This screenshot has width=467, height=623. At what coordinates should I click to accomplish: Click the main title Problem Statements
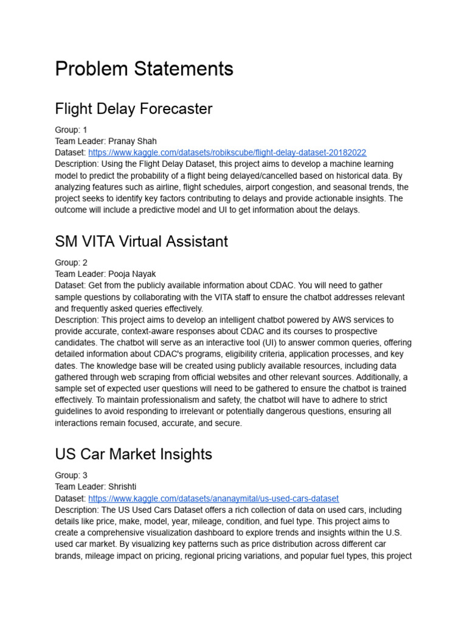[144, 69]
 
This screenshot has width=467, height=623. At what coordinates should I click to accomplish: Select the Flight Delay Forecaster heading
[134, 109]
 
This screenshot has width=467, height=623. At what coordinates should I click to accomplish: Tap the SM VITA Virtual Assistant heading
[142, 242]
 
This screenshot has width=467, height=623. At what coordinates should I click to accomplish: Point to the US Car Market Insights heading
[134, 454]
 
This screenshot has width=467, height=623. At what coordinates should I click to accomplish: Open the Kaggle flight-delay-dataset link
[227, 153]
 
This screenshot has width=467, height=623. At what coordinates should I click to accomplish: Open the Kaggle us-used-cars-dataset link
[213, 498]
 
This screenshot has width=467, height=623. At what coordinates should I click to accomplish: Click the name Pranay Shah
[133, 141]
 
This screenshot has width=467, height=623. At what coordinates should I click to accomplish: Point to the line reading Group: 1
[71, 130]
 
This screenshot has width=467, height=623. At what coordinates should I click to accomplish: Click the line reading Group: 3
[71, 475]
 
